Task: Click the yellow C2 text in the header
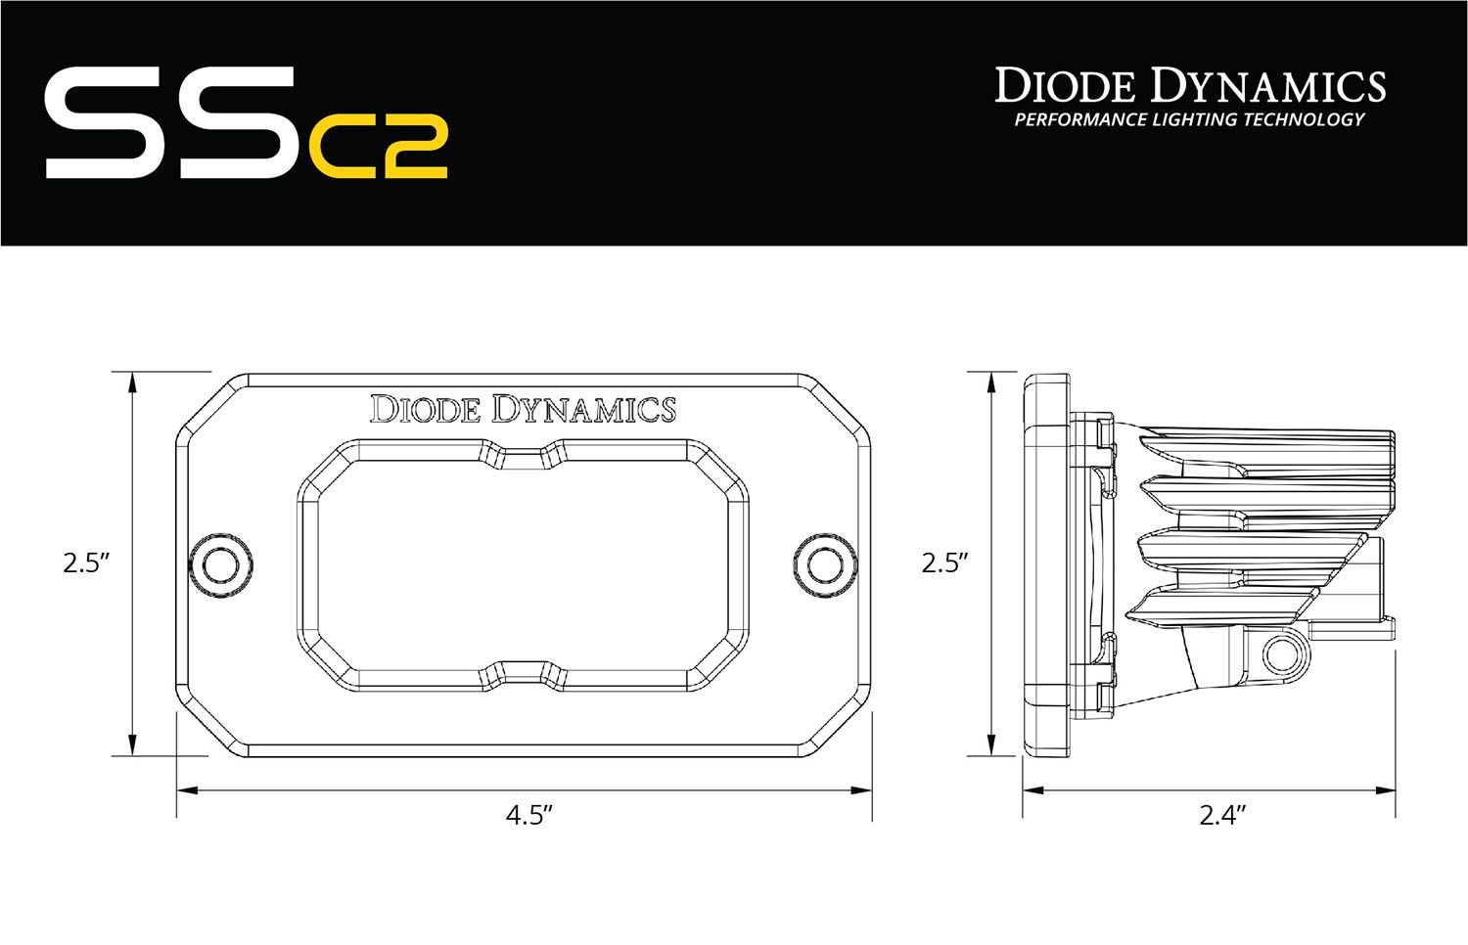(379, 148)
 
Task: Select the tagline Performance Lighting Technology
(1189, 120)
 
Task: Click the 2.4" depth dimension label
(1223, 817)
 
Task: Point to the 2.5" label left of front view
(85, 563)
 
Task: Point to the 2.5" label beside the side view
(944, 563)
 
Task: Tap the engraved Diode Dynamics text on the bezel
(522, 408)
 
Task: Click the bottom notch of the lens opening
(521, 671)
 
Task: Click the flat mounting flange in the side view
(1045, 563)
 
